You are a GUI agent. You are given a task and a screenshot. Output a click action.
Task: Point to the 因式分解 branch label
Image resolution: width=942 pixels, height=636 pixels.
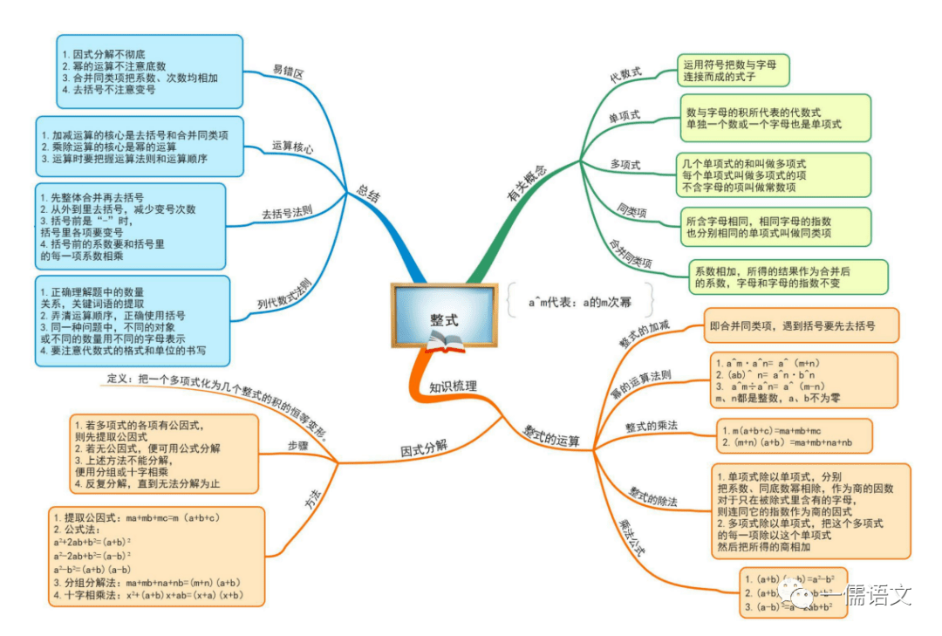[x=424, y=448]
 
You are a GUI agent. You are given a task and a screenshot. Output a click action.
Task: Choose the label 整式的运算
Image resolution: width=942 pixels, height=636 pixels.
[x=551, y=435]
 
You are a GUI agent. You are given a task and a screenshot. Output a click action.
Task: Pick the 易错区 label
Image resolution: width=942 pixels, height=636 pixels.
[x=288, y=72]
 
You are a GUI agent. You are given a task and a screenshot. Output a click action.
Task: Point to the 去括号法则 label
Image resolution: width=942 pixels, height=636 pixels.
[x=287, y=212]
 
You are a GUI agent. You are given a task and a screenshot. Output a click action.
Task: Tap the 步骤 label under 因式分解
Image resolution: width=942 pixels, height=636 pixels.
[x=298, y=446]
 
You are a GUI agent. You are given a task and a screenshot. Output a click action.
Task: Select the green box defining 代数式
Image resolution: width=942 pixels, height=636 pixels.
[x=733, y=69]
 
